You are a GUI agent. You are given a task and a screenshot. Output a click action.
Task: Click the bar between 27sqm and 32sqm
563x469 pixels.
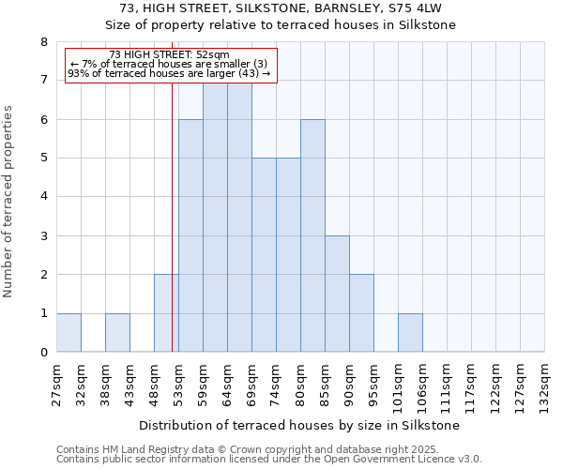[68, 333]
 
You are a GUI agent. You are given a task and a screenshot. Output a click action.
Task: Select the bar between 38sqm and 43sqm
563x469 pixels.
[117, 333]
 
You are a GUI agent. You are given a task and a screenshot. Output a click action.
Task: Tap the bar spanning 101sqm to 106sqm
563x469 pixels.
[410, 333]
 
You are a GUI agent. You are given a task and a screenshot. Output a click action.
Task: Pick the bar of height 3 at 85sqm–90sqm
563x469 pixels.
[337, 295]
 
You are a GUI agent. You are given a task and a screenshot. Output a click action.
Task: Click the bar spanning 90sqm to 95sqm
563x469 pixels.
[361, 313]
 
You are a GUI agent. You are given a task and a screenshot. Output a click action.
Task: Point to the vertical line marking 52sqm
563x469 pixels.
[173, 225]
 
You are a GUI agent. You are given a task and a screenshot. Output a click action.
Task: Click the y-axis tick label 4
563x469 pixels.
[43, 197]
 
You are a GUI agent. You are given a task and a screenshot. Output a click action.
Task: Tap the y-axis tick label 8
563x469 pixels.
[43, 42]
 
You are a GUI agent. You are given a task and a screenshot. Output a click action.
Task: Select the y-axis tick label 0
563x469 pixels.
[43, 353]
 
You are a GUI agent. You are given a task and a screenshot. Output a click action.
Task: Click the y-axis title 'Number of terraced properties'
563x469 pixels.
[9, 201]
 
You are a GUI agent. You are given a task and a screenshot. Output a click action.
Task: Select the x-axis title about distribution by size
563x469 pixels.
[300, 425]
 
